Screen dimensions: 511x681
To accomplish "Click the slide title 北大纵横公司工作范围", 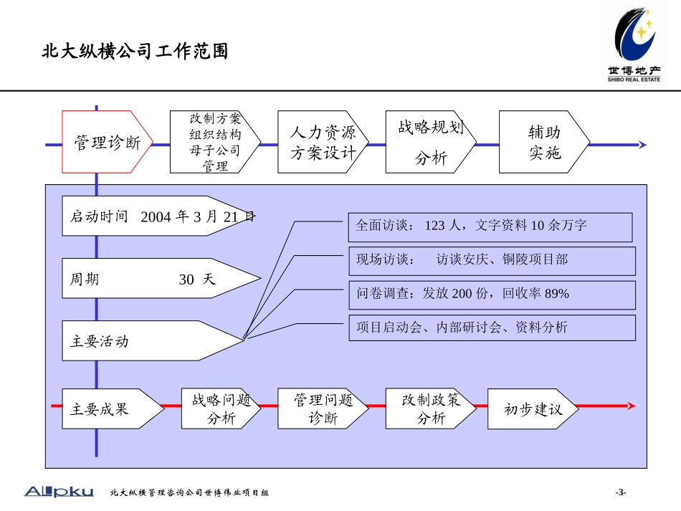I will (135, 52).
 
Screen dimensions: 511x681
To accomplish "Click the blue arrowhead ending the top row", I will (642, 145).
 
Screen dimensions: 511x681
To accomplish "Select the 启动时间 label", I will (99, 216).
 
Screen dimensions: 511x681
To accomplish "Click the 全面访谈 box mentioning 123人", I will (490, 226).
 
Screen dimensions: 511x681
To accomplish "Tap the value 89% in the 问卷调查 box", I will (556, 294).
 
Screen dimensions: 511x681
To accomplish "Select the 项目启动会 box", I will (492, 328).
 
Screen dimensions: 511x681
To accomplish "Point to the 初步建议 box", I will (532, 409).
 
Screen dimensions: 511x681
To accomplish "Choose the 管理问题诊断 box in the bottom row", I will (323, 409).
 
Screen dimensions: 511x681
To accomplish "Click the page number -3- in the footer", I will (621, 492).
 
